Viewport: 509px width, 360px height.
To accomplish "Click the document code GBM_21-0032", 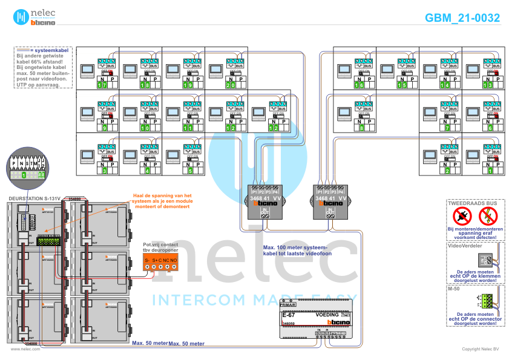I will point(462,18).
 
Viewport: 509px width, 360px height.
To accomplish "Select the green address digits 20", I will point(230,85).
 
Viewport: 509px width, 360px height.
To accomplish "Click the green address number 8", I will point(361,128).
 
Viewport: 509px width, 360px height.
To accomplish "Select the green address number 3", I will point(104,171).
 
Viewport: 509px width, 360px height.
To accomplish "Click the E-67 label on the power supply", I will point(288,315).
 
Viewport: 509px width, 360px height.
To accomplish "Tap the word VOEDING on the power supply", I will point(328,315).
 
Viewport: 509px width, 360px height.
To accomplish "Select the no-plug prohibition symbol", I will point(462,215).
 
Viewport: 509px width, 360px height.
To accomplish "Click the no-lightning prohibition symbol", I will point(487,215).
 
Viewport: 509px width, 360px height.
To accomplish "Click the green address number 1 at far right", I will point(490,171).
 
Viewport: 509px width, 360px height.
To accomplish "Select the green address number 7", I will point(447,128).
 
